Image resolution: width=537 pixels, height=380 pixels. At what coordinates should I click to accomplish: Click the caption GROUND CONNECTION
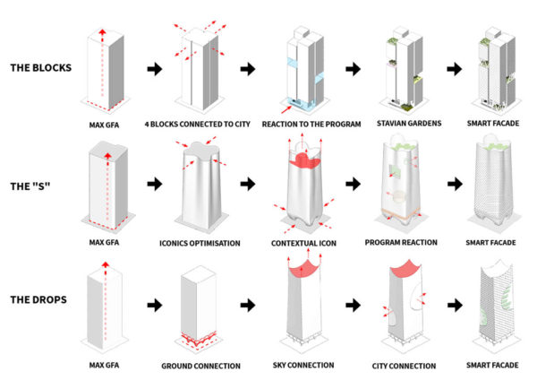click(x=200, y=366)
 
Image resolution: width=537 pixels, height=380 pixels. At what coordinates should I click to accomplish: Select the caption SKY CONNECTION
click(x=302, y=366)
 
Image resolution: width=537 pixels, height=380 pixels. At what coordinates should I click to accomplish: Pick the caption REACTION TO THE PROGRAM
click(x=301, y=123)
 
